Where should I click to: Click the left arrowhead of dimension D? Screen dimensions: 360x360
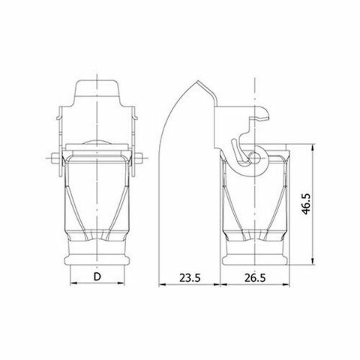click(x=73, y=285)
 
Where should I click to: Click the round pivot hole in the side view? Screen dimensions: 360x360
click(x=256, y=158)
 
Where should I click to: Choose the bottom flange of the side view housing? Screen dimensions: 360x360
click(x=256, y=262)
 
